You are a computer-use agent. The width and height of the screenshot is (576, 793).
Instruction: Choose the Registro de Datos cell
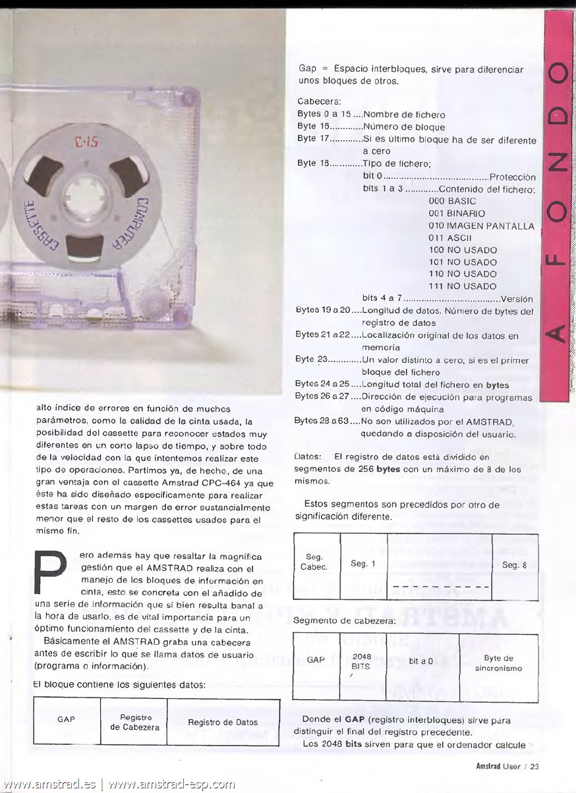click(x=223, y=723)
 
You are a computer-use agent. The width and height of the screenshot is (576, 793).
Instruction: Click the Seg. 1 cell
click(x=363, y=564)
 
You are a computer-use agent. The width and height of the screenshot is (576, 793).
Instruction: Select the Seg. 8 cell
click(x=514, y=565)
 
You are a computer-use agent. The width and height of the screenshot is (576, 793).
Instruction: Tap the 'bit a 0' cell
click(x=421, y=661)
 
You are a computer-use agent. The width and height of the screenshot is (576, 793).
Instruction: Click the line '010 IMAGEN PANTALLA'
click(x=481, y=226)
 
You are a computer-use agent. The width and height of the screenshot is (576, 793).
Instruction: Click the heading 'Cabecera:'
click(x=320, y=101)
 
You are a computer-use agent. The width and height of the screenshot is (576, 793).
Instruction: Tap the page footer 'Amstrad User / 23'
click(x=507, y=765)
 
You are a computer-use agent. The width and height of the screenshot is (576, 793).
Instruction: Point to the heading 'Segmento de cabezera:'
click(x=345, y=620)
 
